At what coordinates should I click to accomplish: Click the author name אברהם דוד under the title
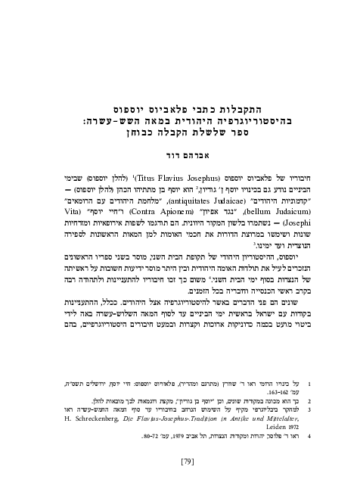[180, 147]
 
